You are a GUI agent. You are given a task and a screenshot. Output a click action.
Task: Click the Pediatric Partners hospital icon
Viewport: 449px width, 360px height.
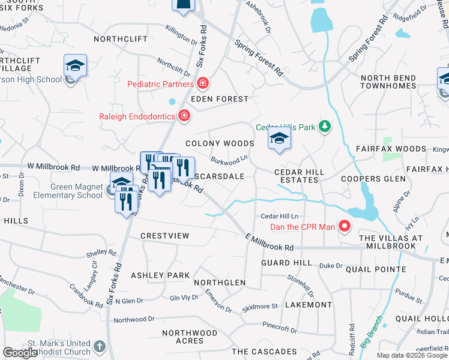(203, 83)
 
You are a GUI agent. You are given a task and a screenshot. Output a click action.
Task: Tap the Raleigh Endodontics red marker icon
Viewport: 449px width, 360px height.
(184, 116)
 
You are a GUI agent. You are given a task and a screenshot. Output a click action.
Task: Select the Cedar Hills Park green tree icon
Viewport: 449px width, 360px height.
(325, 126)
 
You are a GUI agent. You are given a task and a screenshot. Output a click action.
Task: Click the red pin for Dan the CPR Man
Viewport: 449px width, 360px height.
(345, 226)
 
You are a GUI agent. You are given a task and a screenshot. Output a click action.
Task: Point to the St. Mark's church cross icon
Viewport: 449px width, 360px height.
(99, 347)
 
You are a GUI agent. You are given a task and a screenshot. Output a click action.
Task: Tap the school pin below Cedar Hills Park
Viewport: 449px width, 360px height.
(279, 139)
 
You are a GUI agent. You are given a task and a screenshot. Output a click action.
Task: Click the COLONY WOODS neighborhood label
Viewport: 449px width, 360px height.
(219, 143)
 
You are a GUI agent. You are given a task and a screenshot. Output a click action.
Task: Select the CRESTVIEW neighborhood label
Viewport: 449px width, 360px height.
(164, 236)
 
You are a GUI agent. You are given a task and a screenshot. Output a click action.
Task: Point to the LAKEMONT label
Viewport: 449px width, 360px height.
(309, 305)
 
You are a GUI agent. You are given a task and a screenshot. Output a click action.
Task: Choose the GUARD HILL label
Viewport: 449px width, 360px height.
(286, 263)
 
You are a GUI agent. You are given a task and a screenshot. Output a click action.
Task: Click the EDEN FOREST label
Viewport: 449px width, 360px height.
(219, 99)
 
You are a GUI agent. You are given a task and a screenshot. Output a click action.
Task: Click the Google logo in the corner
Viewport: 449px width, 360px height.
(20, 353)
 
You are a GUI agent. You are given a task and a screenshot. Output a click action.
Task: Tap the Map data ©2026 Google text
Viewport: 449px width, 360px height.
(412, 355)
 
